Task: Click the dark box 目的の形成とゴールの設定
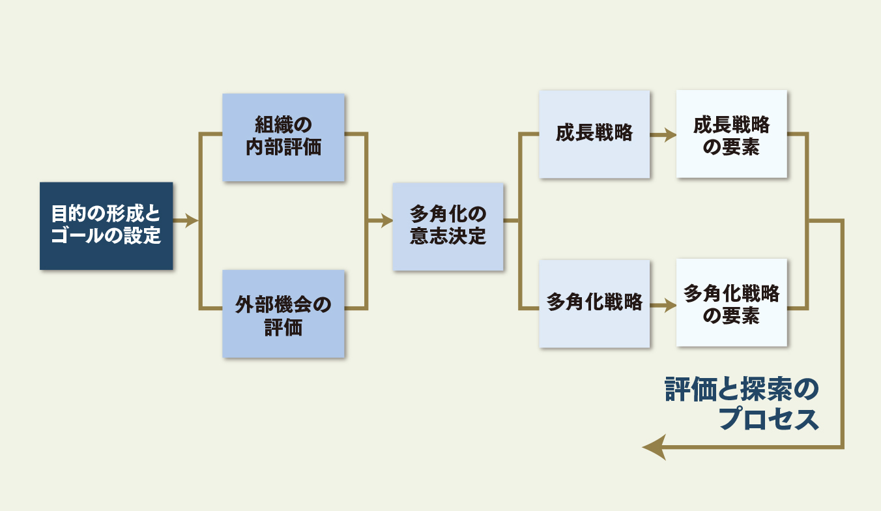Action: tap(106, 226)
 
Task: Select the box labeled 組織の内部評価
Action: tap(283, 137)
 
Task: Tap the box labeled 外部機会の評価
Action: tap(283, 314)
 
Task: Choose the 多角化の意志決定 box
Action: tap(448, 226)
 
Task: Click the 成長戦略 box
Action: tap(594, 134)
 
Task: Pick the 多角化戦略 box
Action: tap(594, 303)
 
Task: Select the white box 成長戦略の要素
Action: tap(731, 134)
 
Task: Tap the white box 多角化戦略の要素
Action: tap(731, 303)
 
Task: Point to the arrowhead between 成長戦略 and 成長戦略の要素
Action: tap(669, 135)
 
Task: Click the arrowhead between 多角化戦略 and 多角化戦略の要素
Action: tap(669, 304)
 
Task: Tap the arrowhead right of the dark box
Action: tap(192, 221)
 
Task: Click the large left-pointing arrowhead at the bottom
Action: tap(654, 448)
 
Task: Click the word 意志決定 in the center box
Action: tap(448, 237)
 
